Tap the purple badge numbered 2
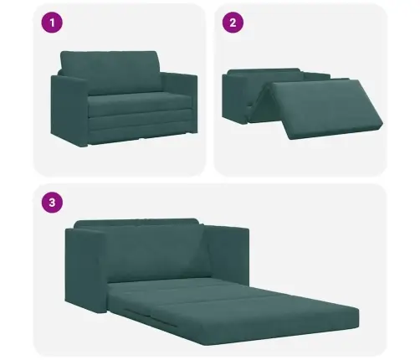[x=233, y=23]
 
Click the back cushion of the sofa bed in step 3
[x=138, y=247]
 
